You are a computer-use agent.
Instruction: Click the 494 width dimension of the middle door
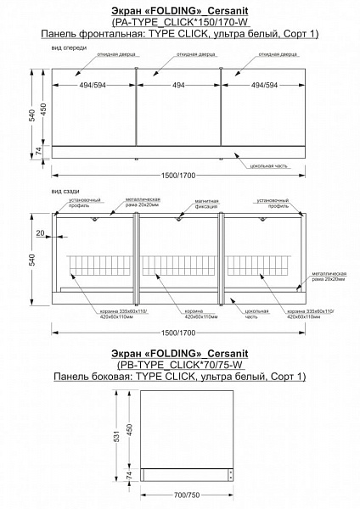pos(179,86)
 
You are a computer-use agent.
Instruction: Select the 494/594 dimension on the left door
pos(95,86)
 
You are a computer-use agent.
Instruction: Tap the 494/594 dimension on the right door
pos(262,86)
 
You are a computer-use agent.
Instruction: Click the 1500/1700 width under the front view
pos(178,176)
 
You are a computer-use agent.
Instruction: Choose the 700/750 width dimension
pos(187,494)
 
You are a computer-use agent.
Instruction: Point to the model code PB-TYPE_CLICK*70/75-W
pos(179,362)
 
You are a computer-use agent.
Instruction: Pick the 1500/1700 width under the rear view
pos(178,332)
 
